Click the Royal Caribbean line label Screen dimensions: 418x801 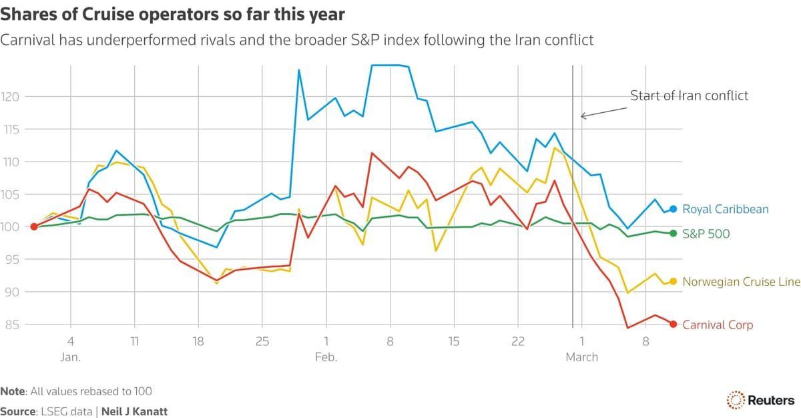click(725, 209)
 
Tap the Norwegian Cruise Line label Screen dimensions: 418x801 click(741, 282)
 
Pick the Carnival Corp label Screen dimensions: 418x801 click(718, 325)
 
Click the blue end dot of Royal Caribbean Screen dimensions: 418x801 click(674, 209)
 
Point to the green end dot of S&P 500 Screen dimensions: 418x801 click(674, 234)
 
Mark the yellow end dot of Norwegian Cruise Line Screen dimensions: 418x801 click(674, 282)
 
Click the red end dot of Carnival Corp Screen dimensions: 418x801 click(674, 325)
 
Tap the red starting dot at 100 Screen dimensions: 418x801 click(34, 227)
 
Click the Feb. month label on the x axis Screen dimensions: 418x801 click(326, 357)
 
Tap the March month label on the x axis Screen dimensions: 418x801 click(582, 357)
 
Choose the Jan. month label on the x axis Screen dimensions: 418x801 click(70, 357)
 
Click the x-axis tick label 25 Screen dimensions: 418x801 click(262, 341)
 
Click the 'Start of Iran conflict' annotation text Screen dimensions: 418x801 click(689, 95)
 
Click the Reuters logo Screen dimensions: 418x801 click(760, 400)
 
